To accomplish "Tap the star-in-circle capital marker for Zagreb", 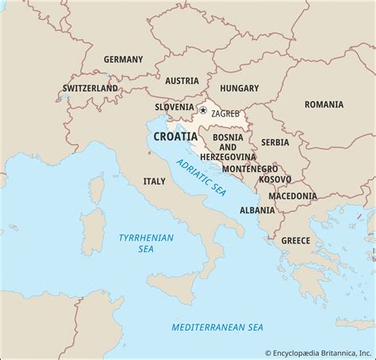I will point(203,111).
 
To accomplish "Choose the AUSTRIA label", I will point(182,80).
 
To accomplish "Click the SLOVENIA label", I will point(175,106).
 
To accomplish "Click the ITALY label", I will point(154,181).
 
